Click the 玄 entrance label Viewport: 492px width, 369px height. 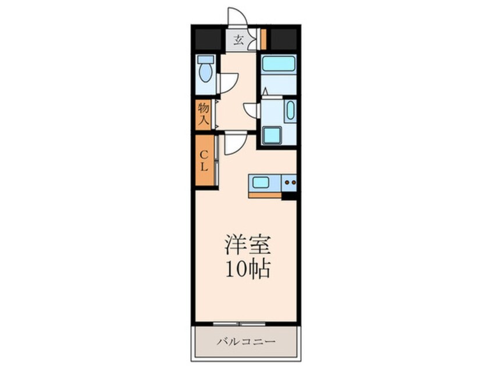(x=239, y=40)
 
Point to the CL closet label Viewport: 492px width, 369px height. (x=205, y=161)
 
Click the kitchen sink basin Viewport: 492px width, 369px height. (x=260, y=182)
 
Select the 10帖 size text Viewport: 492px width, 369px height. (x=248, y=268)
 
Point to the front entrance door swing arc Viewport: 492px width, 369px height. (x=237, y=16)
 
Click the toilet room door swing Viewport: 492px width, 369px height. (x=228, y=83)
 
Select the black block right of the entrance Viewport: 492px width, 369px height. (x=284, y=39)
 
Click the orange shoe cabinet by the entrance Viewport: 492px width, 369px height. (x=263, y=39)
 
